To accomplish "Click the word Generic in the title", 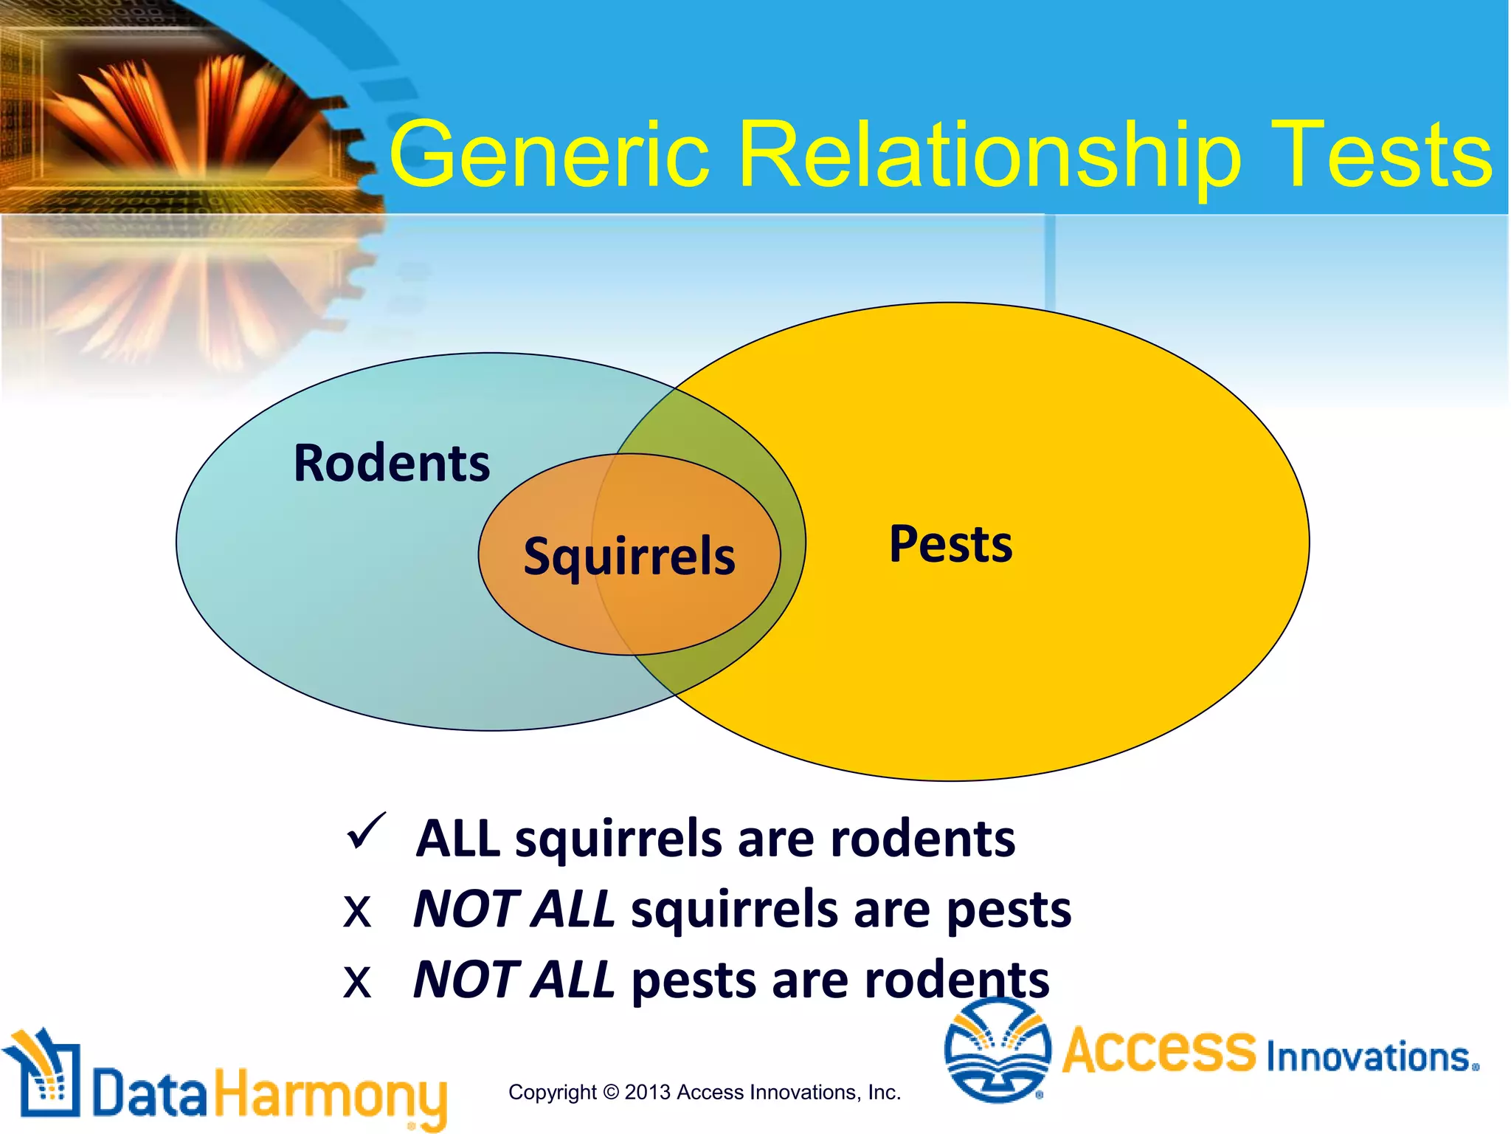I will point(550,155).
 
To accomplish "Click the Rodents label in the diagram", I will point(392,464).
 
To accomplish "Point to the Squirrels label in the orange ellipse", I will point(629,557).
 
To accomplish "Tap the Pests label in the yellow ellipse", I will point(950,544).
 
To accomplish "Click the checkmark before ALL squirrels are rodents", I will point(366,831).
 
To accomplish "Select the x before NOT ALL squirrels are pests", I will point(357,912).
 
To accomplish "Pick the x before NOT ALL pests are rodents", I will point(357,983).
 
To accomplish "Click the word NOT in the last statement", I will point(466,980).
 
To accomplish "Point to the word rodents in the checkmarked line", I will point(922,839).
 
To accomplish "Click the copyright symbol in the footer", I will point(610,1092).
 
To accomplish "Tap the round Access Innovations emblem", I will point(997,1051).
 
